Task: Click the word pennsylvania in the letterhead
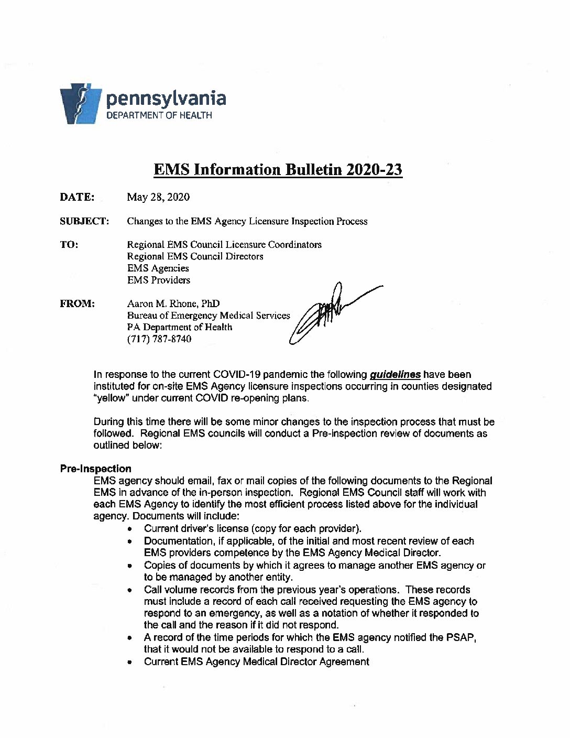tap(167, 99)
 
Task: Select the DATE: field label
tap(77, 197)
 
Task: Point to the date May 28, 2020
tap(158, 198)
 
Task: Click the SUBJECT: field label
tap(84, 221)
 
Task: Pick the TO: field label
tap(69, 245)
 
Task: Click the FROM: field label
tap(77, 303)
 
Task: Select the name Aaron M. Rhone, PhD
tap(173, 303)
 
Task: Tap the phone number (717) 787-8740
tap(159, 339)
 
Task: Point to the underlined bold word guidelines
tap(395, 375)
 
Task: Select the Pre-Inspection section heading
tap(95, 469)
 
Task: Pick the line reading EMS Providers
tap(159, 280)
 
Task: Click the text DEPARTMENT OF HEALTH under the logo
tap(159, 115)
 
